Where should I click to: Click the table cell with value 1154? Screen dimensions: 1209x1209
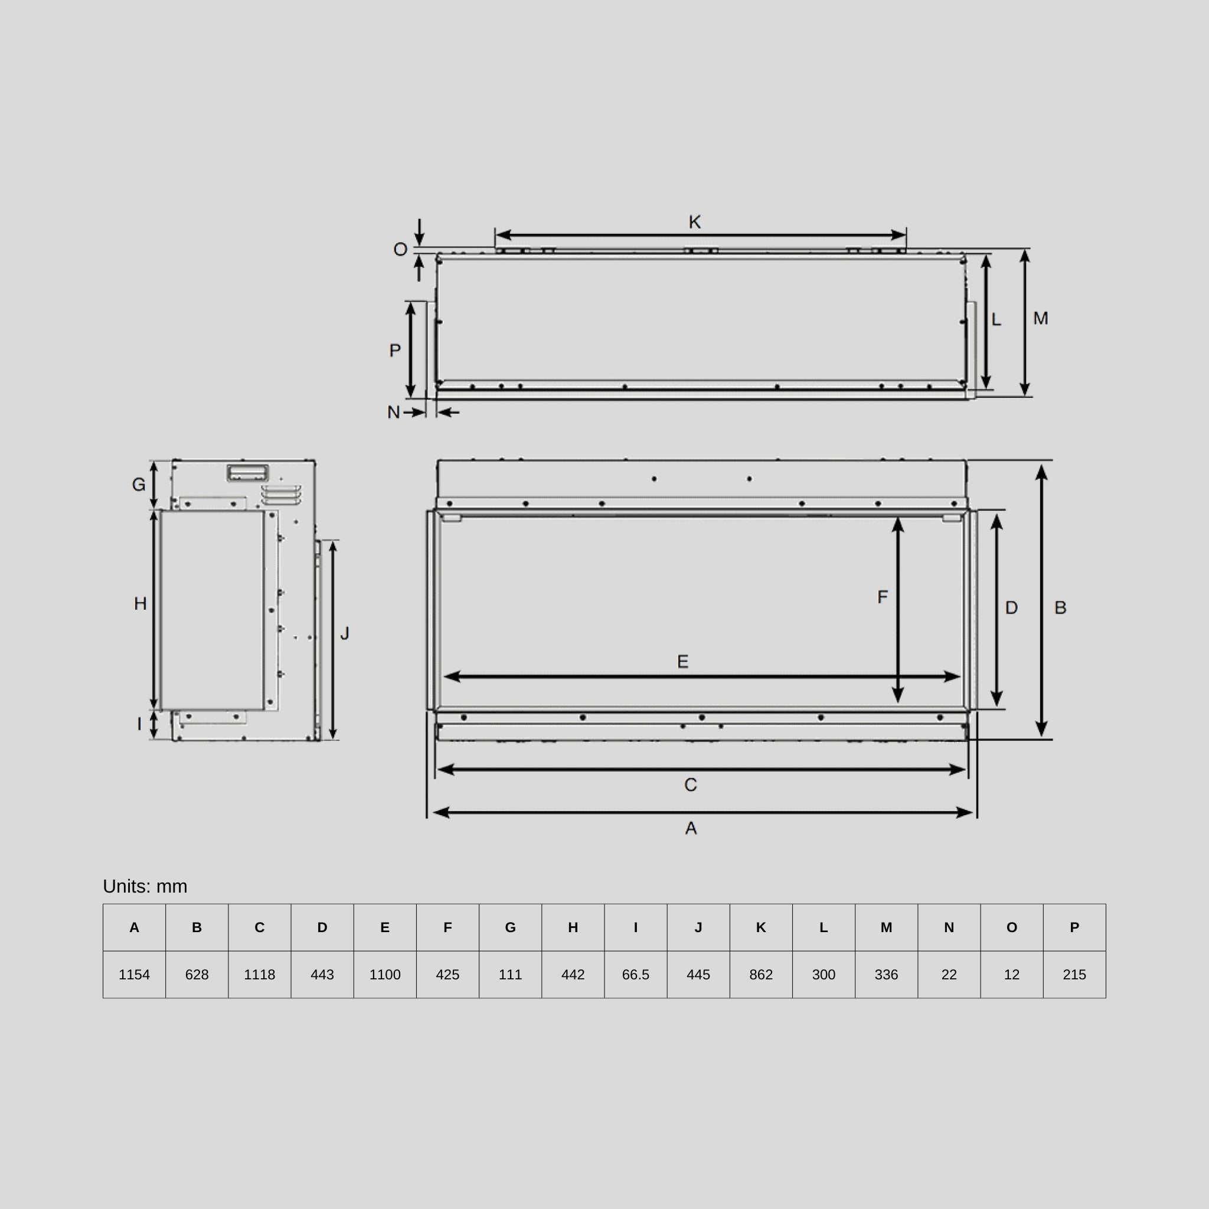[x=134, y=974]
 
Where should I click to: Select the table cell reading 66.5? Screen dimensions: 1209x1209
[x=635, y=974]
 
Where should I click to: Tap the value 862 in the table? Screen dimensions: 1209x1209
[x=761, y=974]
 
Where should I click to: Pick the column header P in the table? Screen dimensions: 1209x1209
[x=1074, y=927]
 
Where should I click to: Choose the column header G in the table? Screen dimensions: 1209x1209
[x=510, y=927]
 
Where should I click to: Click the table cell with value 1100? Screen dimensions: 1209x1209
[x=385, y=974]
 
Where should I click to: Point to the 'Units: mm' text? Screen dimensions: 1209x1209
[x=145, y=886]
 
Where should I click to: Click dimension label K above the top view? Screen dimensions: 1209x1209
[x=695, y=222]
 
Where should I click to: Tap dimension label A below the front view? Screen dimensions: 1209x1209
[x=691, y=828]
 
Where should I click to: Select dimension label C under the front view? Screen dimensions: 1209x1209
[x=690, y=785]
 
